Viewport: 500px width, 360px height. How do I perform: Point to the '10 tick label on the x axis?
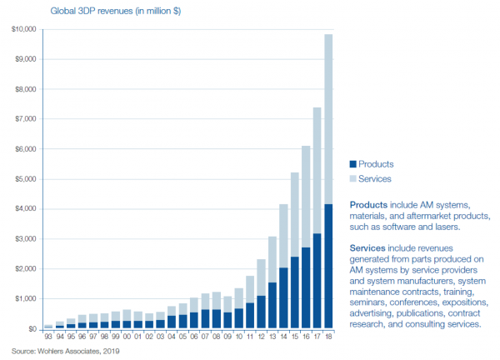[x=238, y=336]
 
